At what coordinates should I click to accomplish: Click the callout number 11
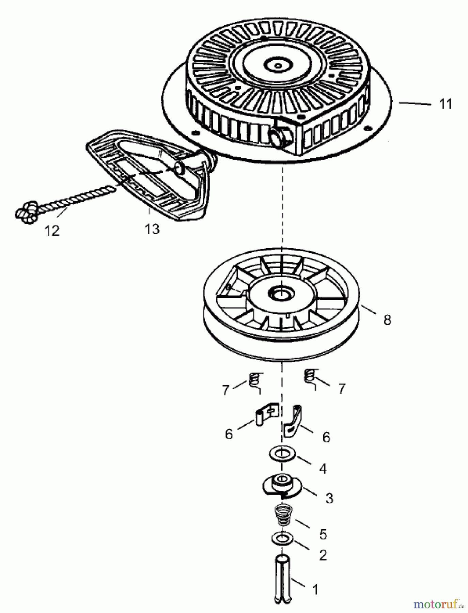pos(446,104)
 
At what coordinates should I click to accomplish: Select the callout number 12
pos(52,231)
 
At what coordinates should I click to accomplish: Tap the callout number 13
pos(152,229)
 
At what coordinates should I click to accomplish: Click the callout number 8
pos(387,320)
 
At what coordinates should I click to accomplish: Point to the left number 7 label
pos(225,390)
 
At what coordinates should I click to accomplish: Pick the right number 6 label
pos(326,437)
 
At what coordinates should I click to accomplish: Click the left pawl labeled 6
pos(268,414)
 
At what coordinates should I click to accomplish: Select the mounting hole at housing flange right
pos(367,128)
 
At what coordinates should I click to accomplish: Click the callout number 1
pos(315,589)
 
